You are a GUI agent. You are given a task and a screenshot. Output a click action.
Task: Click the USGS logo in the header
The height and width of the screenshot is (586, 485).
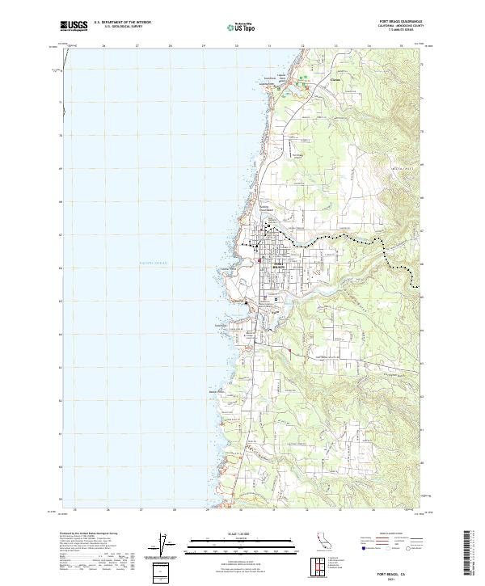[x=74, y=25]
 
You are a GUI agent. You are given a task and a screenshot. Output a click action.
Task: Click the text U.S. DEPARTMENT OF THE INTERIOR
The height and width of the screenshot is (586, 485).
[x=122, y=23]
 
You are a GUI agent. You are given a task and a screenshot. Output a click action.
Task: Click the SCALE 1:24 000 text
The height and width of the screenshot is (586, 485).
[x=230, y=533]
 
